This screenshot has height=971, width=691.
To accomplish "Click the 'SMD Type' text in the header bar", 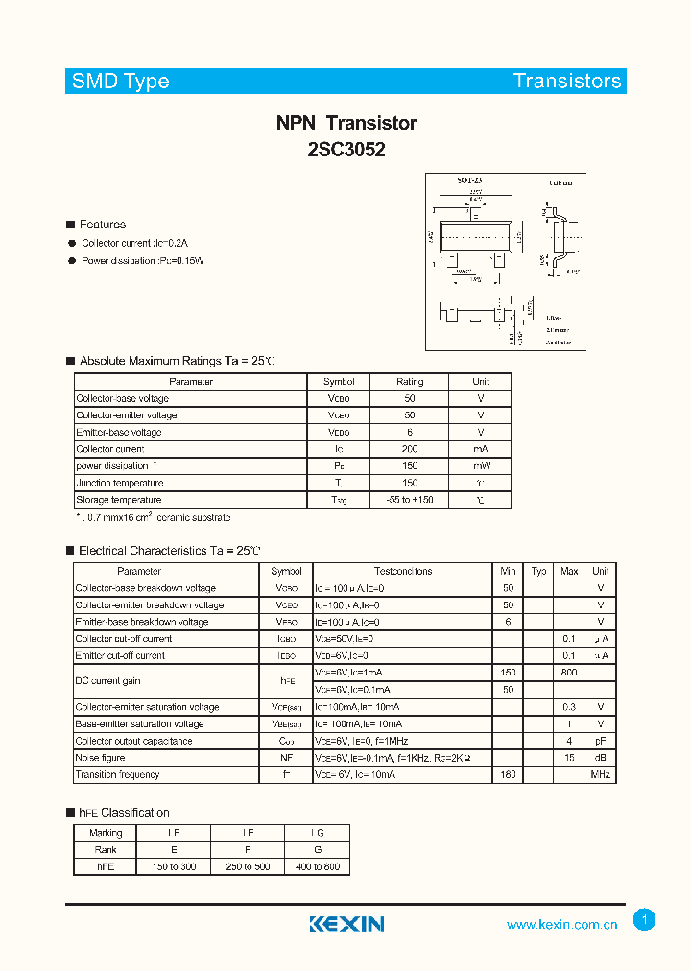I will (120, 82).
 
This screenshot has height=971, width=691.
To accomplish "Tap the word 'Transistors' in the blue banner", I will (566, 81).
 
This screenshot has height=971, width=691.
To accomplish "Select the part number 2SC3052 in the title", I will (346, 150).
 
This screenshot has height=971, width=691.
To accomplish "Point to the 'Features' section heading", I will (102, 225).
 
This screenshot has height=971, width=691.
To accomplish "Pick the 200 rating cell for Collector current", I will (410, 449).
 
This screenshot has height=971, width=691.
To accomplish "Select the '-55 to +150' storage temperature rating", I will (410, 500).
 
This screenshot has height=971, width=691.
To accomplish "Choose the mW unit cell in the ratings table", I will (481, 466).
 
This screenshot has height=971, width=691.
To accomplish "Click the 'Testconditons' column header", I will (402, 571).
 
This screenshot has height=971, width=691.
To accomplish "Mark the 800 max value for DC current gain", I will (569, 673).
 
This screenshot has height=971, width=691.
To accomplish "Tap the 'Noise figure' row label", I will (101, 758).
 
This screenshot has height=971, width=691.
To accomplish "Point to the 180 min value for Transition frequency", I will (508, 774).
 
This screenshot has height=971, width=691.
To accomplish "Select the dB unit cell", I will (600, 758).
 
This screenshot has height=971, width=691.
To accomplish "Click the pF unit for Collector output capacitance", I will (600, 741).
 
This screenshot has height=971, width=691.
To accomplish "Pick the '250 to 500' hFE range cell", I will (247, 866).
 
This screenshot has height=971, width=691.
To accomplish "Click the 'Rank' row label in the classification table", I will (106, 849).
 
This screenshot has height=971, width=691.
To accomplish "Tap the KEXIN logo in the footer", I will (346, 924).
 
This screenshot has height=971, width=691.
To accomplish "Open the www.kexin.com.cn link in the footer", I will (561, 925).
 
